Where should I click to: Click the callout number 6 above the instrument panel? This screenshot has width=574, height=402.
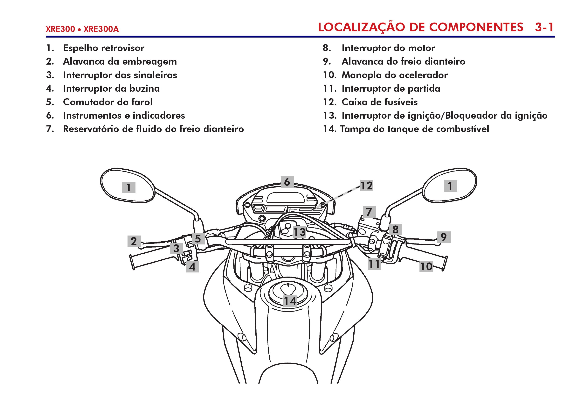[x=287, y=182]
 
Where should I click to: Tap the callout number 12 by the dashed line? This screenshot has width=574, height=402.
[x=366, y=186]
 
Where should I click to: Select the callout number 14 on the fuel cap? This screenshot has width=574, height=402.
[x=290, y=301]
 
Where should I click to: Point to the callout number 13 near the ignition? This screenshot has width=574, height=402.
[x=300, y=232]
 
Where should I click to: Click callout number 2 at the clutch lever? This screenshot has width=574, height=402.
[x=134, y=241]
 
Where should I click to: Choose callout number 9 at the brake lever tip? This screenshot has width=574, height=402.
[x=444, y=237]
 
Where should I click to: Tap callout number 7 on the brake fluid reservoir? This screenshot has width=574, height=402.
[x=369, y=212]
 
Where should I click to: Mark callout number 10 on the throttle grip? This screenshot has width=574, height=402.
[x=426, y=266]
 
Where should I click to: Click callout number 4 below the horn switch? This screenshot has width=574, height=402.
[x=192, y=267]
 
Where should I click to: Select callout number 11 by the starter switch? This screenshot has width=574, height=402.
[x=374, y=264]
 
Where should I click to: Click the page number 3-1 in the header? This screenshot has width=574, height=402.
[x=544, y=27]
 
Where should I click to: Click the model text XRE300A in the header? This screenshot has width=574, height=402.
[x=101, y=29]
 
